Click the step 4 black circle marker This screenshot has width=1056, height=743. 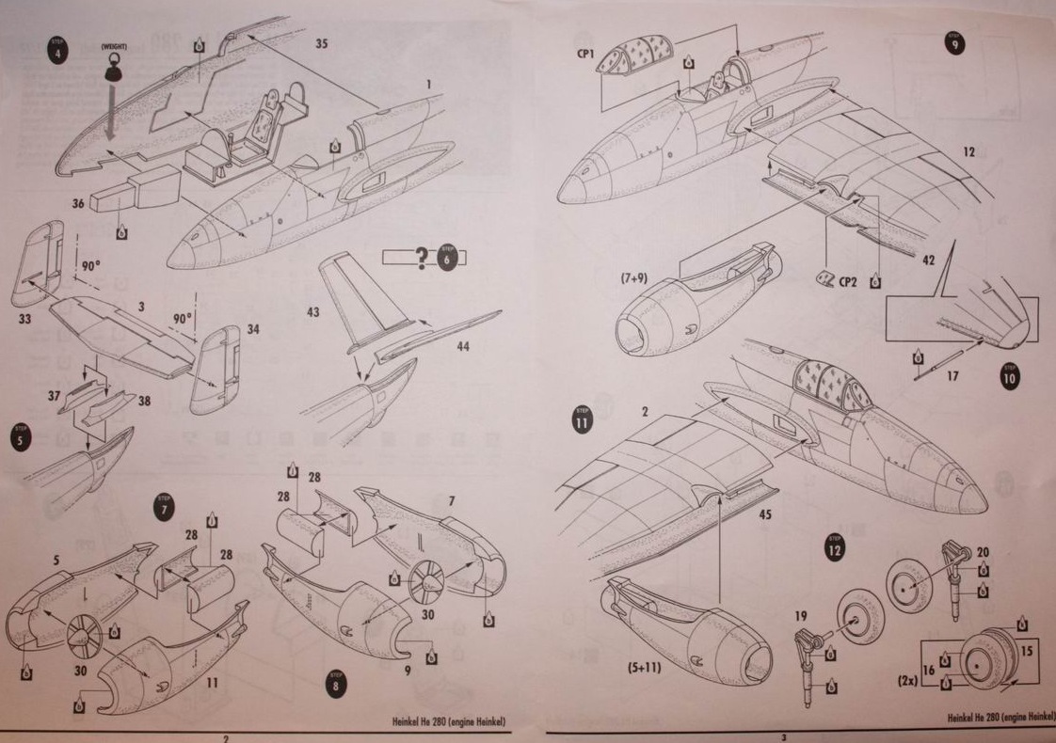point(59,49)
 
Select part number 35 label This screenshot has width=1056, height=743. point(322,43)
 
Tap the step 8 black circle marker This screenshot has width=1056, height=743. point(336,684)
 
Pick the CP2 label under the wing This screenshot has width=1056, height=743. point(848,279)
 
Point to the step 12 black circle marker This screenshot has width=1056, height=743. point(834,548)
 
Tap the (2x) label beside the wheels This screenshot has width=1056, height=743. point(908,676)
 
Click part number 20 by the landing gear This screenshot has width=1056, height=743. point(983,552)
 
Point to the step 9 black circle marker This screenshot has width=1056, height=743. point(956,43)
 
